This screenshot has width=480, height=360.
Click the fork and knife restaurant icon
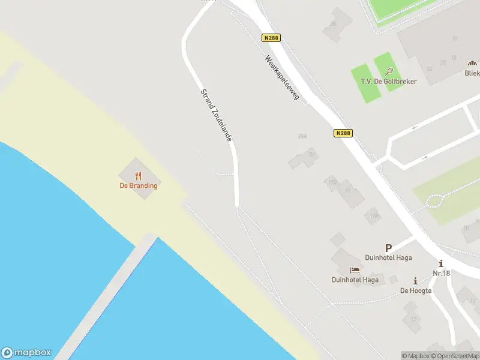pyautogui.click(x=139, y=176)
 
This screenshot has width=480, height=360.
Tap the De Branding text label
pyautogui.click(x=139, y=185)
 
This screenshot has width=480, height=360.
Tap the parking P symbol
pyautogui.click(x=388, y=247)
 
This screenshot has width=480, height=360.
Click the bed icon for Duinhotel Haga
pyautogui.click(x=355, y=270)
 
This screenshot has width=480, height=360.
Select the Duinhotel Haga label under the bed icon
pyautogui.click(x=355, y=280)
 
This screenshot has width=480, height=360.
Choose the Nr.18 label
pyautogui.click(x=441, y=274)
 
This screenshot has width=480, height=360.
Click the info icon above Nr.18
pyautogui.click(x=442, y=264)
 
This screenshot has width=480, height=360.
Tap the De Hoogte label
pyautogui.click(x=416, y=290)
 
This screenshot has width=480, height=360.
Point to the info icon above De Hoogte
pyautogui.click(x=415, y=281)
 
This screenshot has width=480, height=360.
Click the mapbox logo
pyautogui.click(x=26, y=353)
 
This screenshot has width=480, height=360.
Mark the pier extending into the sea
pyautogui.click(x=108, y=300)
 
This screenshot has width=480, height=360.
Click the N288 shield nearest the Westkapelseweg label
pyautogui.click(x=271, y=38)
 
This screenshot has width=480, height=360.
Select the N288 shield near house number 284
pyautogui.click(x=343, y=133)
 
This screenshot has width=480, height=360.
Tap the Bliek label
pyautogui.click(x=472, y=73)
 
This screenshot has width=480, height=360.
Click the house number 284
pyautogui.click(x=302, y=136)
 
